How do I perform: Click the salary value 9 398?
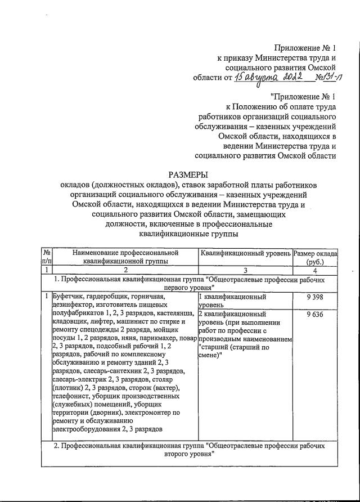(x=315, y=296)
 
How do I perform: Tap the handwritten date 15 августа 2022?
(x=269, y=77)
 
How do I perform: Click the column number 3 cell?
(x=245, y=270)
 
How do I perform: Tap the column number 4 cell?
(x=315, y=270)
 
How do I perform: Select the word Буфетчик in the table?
(x=69, y=295)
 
